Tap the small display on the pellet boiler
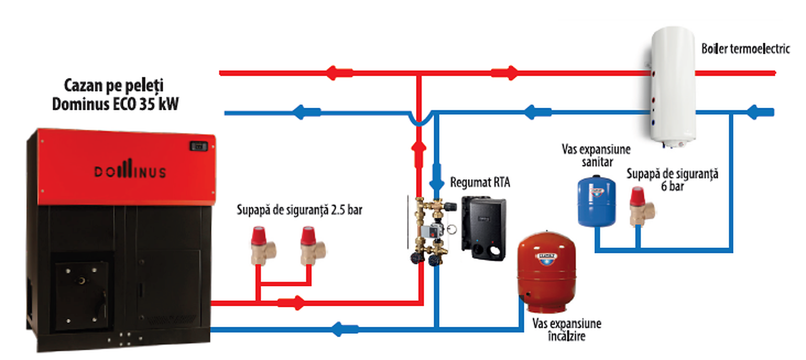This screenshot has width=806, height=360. pos(198,146)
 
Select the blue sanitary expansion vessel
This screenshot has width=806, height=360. pos(596,201)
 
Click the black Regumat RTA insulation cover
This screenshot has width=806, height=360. pos(484,227)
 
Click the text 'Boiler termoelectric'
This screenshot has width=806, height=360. pos(746,48)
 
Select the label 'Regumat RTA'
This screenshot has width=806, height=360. pos(480,182)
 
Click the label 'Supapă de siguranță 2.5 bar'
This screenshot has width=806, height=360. pos(299,209)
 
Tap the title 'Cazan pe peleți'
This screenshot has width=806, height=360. pos(114,86)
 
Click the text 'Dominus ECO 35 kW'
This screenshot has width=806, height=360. pos(115,104)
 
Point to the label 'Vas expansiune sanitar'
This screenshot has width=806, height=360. pos(596,156)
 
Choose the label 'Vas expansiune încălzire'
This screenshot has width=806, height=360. pos(567,330)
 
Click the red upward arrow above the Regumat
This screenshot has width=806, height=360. pos(419,154)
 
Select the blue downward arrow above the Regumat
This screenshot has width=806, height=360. pos(436,177)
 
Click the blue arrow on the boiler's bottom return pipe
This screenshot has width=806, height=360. pos(345,329)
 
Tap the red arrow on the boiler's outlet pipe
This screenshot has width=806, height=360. pos(292,303)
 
